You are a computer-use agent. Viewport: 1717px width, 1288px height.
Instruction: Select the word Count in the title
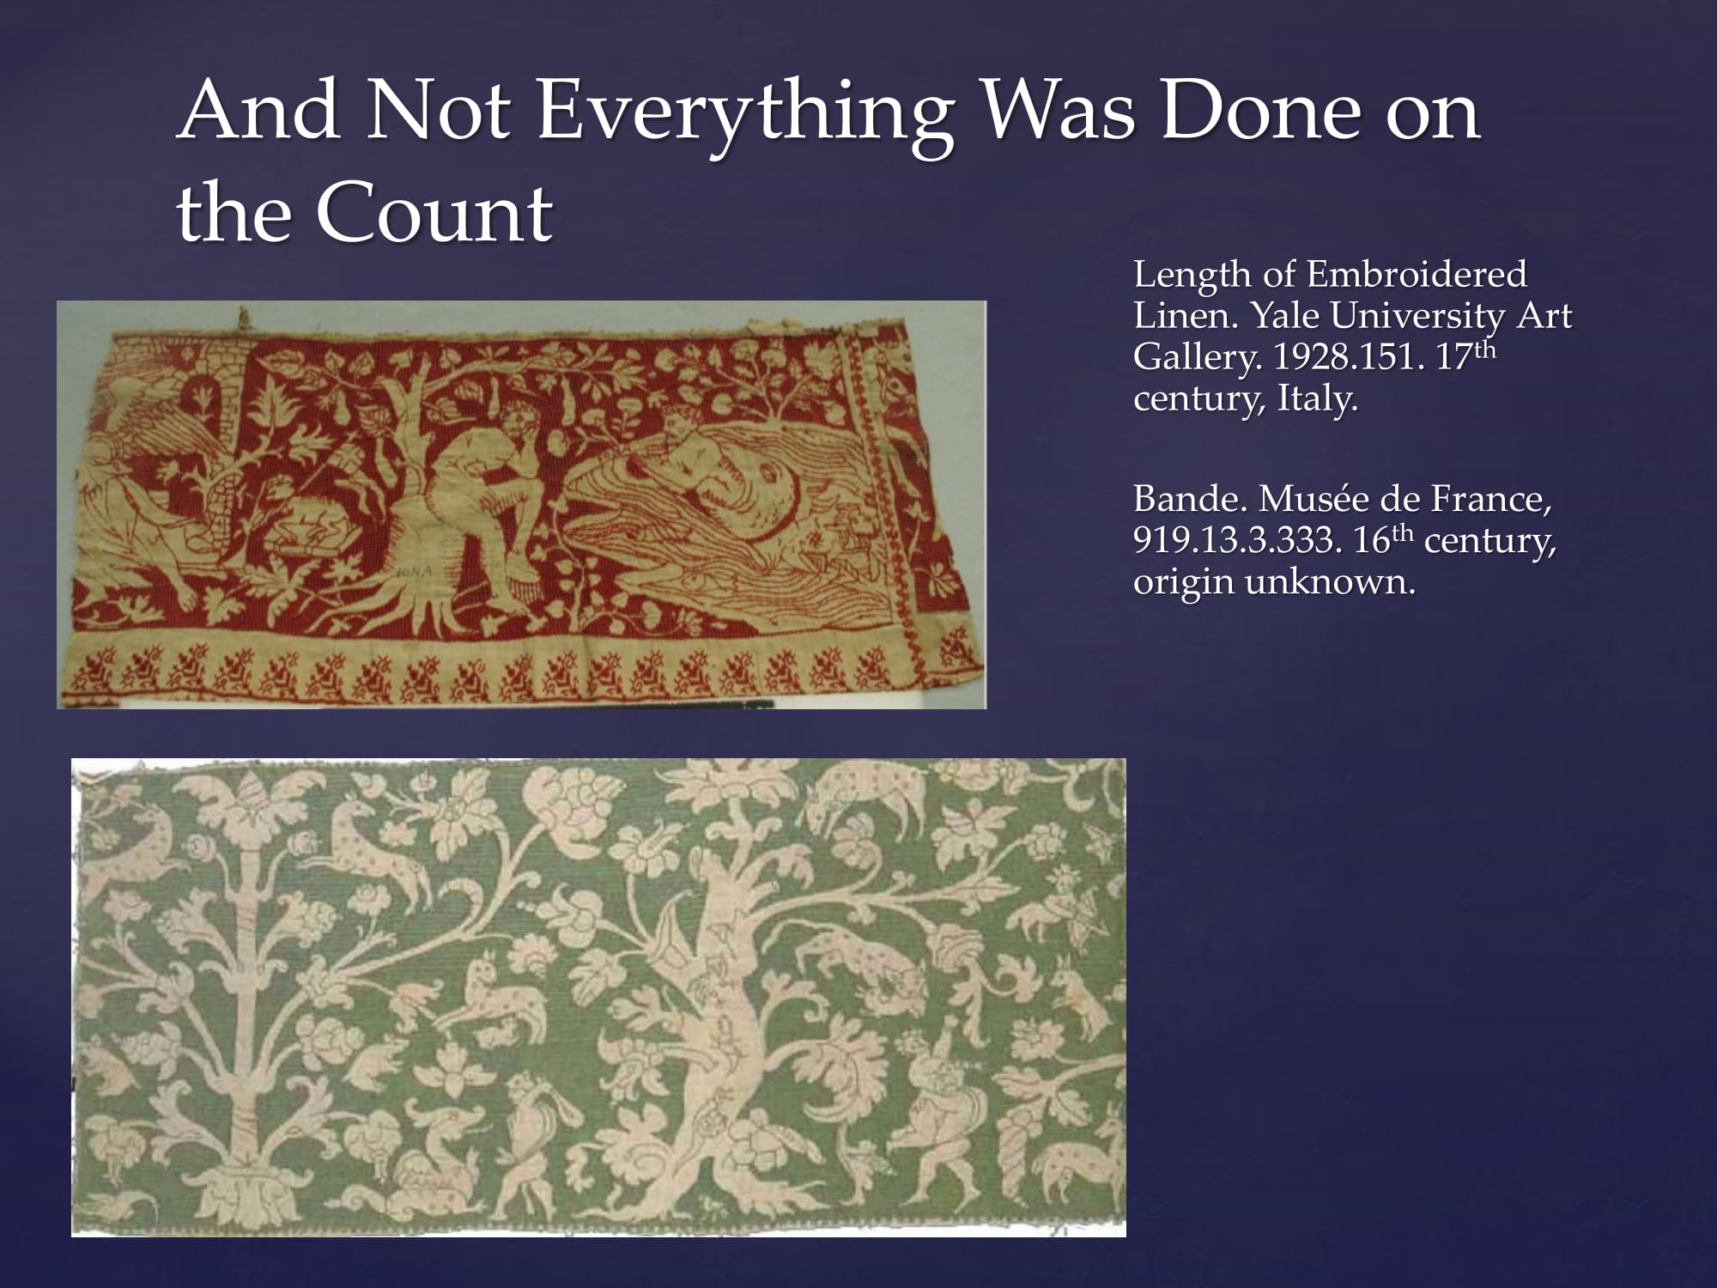tap(434, 212)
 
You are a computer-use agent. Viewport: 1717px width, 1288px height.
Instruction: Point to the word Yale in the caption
tap(1286, 315)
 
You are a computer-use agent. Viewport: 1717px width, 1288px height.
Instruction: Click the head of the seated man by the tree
tap(517, 421)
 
